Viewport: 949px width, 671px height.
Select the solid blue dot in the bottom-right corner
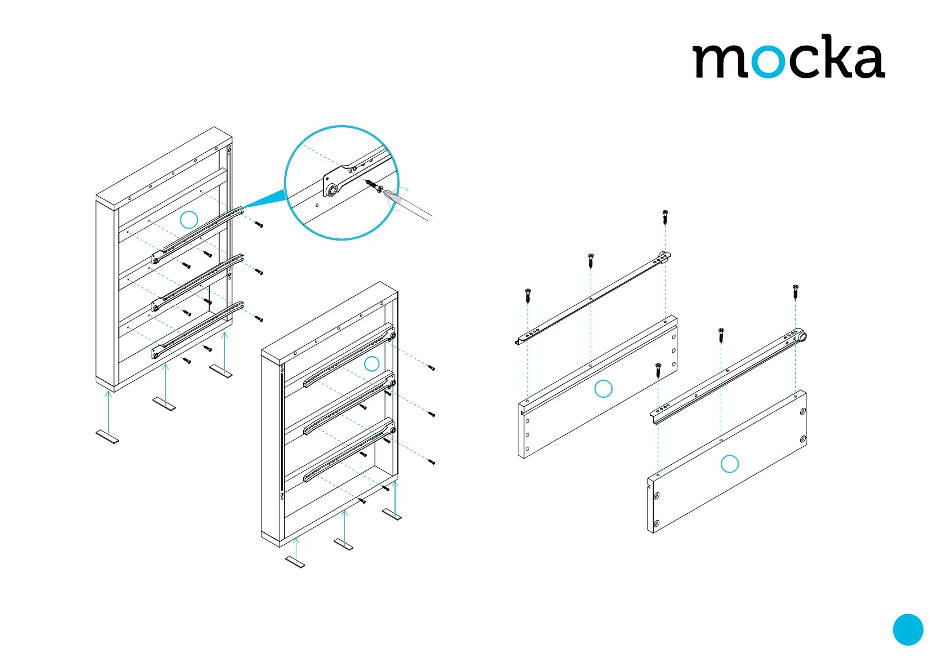click(x=908, y=629)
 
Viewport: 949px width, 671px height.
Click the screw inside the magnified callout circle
click(x=373, y=185)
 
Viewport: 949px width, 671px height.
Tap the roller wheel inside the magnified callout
click(x=332, y=190)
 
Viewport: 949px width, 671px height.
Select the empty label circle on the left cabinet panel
click(x=189, y=220)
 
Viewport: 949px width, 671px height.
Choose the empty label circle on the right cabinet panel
click(x=371, y=363)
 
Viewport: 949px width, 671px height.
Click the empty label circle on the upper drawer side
click(x=604, y=389)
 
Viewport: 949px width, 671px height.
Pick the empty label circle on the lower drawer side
click(x=730, y=464)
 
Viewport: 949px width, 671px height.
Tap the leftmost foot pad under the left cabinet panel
click(x=107, y=437)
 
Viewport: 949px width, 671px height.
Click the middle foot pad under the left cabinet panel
click(x=164, y=404)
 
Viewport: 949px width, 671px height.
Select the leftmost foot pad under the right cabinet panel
click(x=295, y=562)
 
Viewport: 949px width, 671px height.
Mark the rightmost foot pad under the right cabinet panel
click(x=392, y=514)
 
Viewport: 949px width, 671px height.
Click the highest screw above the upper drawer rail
click(x=665, y=216)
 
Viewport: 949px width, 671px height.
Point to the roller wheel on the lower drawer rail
click(x=802, y=337)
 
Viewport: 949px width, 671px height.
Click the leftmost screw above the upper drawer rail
click(x=528, y=294)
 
